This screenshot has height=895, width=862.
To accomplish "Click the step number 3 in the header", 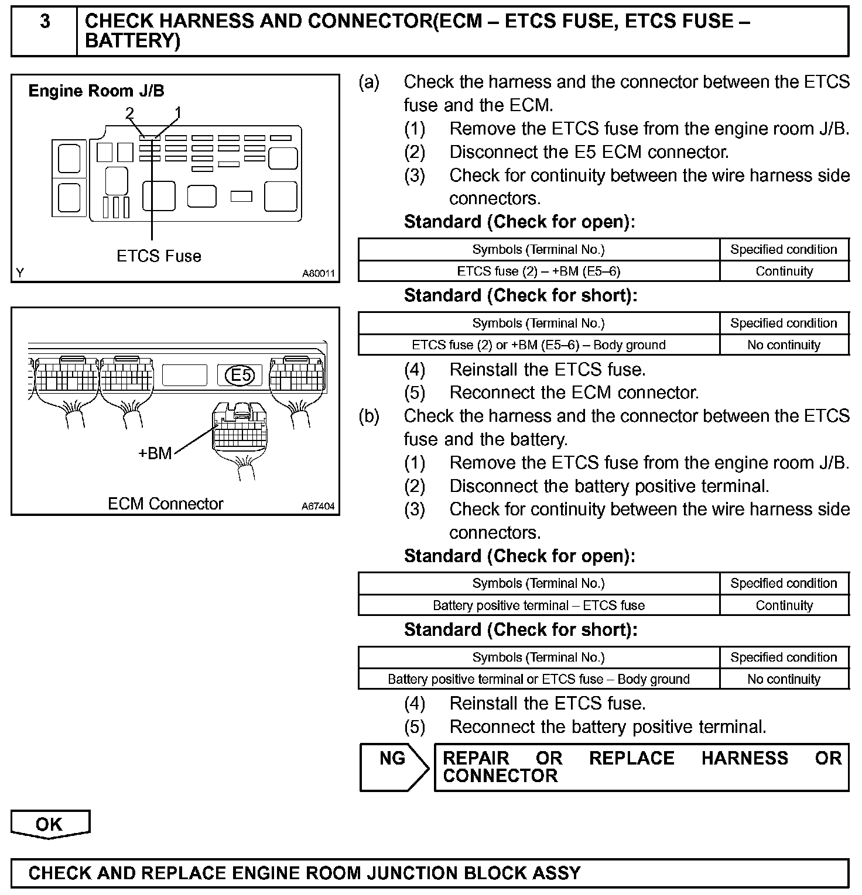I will [x=45, y=22].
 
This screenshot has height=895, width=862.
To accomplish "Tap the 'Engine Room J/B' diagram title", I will [x=96, y=91].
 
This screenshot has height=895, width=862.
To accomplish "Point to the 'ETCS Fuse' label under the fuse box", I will [x=159, y=256].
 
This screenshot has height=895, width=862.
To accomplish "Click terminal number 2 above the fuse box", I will [x=129, y=113].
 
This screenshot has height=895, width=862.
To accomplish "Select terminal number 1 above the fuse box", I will [x=178, y=113].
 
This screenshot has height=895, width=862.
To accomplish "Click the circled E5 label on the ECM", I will [x=241, y=375].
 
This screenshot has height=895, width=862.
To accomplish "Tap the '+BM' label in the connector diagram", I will [x=155, y=453].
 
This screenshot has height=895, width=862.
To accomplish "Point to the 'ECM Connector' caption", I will [x=165, y=504].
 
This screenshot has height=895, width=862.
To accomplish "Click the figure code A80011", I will [x=319, y=273].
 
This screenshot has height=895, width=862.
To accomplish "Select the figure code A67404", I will [x=318, y=506].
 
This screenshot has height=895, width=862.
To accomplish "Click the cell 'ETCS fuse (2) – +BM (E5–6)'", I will [x=538, y=271].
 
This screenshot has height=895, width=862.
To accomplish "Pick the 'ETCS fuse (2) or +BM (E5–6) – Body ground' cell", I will [x=538, y=345].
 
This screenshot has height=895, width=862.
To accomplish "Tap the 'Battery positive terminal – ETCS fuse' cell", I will [x=538, y=605].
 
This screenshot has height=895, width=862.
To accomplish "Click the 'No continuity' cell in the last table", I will [x=784, y=679].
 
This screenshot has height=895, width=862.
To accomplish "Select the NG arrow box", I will [x=393, y=767].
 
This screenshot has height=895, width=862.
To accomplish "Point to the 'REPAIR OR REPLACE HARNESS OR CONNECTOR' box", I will [x=641, y=767].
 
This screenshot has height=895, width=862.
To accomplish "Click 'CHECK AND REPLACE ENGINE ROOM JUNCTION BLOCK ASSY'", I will [x=305, y=873].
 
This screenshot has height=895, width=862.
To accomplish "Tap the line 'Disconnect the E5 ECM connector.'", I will [x=589, y=152].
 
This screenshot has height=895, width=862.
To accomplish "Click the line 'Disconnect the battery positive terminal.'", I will [x=609, y=486].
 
